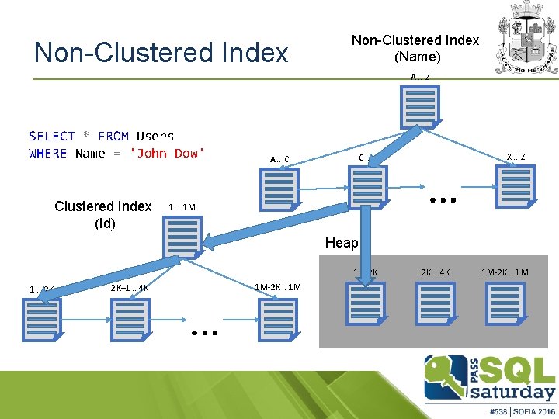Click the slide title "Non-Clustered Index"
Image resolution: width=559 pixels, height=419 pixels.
pyautogui.click(x=161, y=52)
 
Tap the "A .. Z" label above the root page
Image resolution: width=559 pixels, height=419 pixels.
pyautogui.click(x=420, y=77)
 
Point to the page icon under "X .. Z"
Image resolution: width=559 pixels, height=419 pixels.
pyautogui.click(x=516, y=185)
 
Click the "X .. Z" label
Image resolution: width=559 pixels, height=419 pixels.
pyautogui.click(x=516, y=157)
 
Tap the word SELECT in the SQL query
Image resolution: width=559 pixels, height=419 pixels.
pyautogui.click(x=51, y=136)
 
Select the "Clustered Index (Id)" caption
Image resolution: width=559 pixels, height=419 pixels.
pyautogui.click(x=103, y=214)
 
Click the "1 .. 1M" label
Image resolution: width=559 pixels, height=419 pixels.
pyautogui.click(x=182, y=208)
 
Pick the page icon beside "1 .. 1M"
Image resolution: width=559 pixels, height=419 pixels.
pyautogui.click(x=182, y=237)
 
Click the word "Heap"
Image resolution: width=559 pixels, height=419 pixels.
pyautogui.click(x=342, y=243)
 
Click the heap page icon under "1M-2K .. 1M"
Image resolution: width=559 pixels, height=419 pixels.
pyautogui.click(x=505, y=302)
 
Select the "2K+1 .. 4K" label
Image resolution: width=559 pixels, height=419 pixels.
pyautogui.click(x=130, y=287)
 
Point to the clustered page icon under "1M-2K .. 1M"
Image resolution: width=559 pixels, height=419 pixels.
pyautogui.click(x=278, y=319)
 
